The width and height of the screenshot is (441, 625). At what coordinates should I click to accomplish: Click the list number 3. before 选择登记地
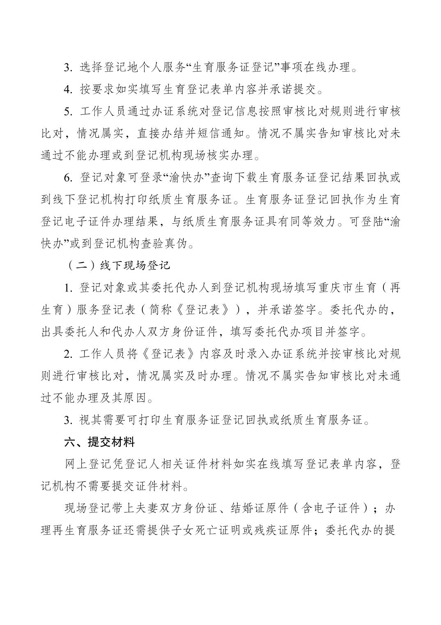point(68,67)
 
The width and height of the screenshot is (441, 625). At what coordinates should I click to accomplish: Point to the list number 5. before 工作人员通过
point(68,111)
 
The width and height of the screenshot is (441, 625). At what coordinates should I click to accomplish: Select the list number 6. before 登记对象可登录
point(68,178)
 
